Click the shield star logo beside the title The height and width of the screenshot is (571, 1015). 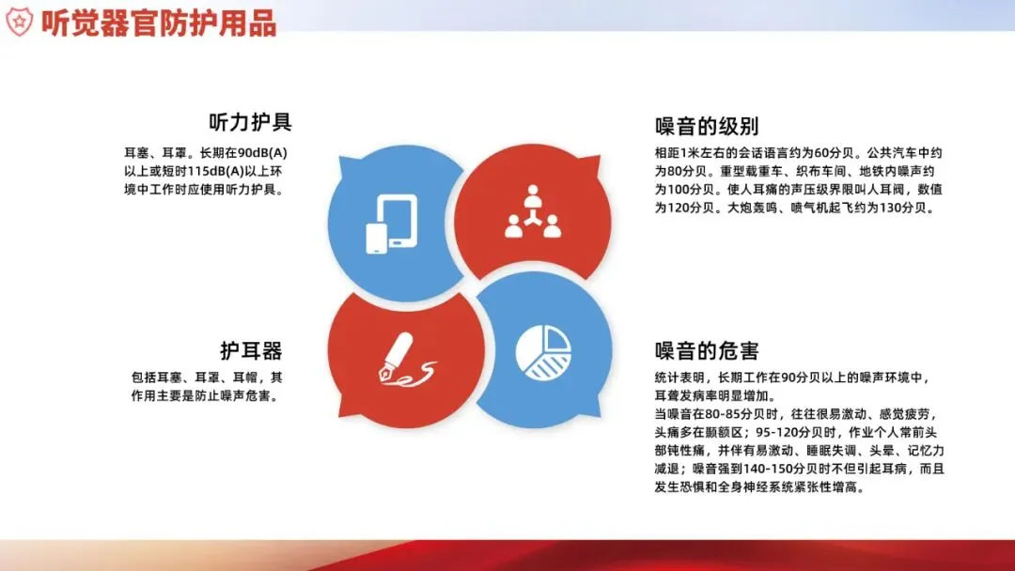tap(19, 22)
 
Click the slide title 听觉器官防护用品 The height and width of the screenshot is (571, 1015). tap(159, 23)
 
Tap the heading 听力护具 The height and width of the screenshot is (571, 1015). tap(251, 121)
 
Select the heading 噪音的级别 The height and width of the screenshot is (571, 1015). tap(707, 126)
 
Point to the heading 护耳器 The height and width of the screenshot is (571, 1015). tap(251, 350)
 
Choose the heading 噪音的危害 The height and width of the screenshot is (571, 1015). tap(707, 350)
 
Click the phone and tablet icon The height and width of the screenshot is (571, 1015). tap(392, 224)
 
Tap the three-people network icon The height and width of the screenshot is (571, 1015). tap(533, 211)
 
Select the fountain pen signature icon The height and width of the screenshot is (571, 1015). tap(407, 361)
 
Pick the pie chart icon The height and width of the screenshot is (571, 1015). tap(544, 352)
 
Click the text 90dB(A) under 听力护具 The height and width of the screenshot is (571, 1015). tap(262, 153)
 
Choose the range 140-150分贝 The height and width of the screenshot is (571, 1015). tap(782, 469)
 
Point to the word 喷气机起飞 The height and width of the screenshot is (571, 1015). tap(822, 208)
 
